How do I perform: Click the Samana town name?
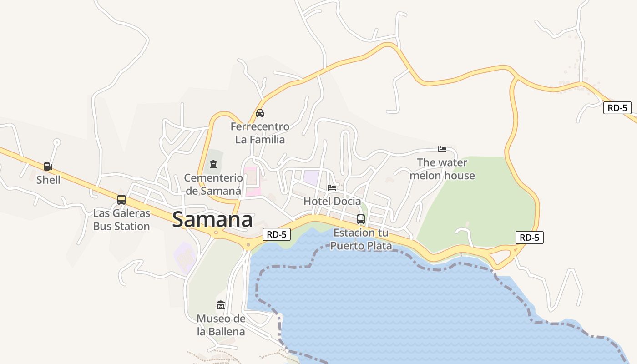[x=212, y=219]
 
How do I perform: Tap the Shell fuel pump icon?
[x=48, y=167]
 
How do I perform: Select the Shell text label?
[x=48, y=180]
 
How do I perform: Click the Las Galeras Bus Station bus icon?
[x=121, y=199]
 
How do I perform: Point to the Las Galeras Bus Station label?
[x=121, y=220]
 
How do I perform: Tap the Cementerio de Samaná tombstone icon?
[x=213, y=164]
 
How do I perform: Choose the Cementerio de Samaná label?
[x=213, y=184]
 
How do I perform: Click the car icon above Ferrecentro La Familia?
[x=260, y=113]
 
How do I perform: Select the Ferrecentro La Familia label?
[x=260, y=133]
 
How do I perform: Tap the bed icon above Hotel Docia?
[x=332, y=187]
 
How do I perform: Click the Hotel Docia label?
[x=332, y=201]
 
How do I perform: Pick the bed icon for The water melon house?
[x=442, y=149]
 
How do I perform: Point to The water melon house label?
[x=442, y=169]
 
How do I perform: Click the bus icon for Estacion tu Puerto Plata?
[x=361, y=219]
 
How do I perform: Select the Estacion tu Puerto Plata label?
[x=361, y=239]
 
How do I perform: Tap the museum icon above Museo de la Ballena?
[x=221, y=305]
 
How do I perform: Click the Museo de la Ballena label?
[x=221, y=325]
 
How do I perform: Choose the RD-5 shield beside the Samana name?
[x=277, y=234]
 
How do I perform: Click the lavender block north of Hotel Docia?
[x=312, y=177]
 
